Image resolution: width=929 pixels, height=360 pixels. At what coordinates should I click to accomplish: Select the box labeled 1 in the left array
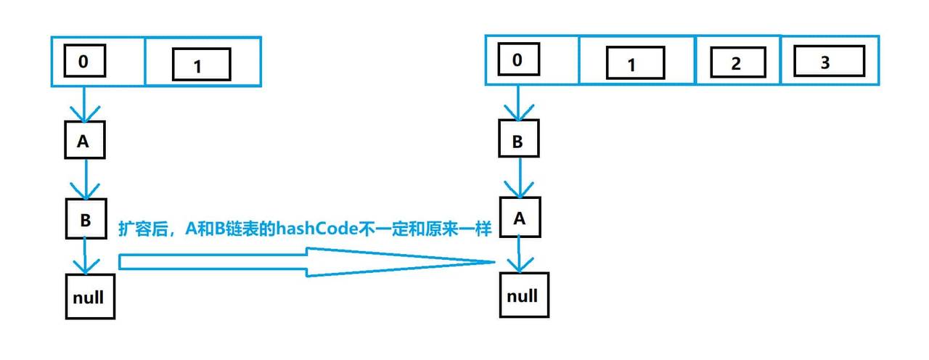(200, 65)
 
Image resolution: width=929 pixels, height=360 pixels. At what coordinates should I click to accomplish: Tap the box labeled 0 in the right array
(517, 60)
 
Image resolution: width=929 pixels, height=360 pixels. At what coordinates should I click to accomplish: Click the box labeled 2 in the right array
(735, 63)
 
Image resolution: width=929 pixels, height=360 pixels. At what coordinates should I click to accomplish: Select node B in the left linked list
(85, 220)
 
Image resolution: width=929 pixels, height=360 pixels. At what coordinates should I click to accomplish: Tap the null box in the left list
(90, 296)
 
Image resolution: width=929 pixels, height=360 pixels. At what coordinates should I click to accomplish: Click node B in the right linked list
(518, 142)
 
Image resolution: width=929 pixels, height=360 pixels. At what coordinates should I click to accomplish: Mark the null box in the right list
(522, 295)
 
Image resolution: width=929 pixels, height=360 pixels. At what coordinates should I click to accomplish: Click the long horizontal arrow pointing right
(305, 261)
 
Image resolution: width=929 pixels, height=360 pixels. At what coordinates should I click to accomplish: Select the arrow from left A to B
(86, 179)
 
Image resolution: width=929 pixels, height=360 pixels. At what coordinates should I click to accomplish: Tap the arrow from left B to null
(86, 255)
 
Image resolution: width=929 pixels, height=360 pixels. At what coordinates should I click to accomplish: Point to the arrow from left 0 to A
(84, 105)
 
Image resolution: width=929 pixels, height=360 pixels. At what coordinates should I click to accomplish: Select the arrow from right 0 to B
(517, 103)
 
